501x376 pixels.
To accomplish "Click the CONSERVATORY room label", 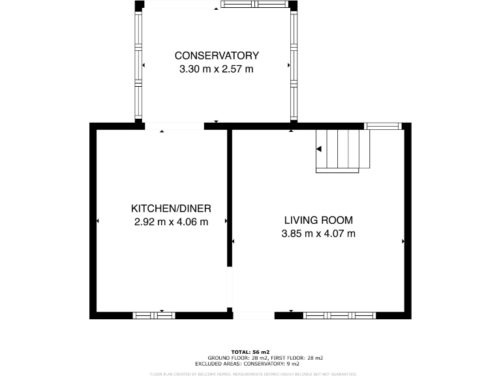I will tap(216, 55).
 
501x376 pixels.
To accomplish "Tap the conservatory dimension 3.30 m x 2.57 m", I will tap(216, 69).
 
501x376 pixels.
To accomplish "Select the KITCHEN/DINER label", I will tap(171, 208).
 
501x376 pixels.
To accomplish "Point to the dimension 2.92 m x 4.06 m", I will tap(171, 222).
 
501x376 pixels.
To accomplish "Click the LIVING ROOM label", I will tap(318, 220).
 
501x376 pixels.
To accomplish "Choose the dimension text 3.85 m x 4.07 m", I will tap(318, 234).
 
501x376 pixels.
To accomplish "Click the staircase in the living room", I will tap(342, 151).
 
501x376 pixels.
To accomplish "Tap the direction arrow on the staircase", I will tap(319, 149).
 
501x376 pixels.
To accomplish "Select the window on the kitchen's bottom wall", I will tap(154, 315).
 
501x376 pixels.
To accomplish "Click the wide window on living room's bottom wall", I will tap(339, 315).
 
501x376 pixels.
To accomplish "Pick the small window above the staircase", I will tap(382, 126).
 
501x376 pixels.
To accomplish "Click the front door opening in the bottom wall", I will tap(254, 316).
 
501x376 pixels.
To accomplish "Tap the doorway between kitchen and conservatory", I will tap(174, 126).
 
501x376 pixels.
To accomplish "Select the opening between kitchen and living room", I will tap(229, 287).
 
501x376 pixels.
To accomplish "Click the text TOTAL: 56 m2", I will tap(250, 351).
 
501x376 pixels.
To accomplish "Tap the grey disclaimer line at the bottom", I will tap(253, 374).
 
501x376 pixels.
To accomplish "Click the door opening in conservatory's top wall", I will tap(181, 5).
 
